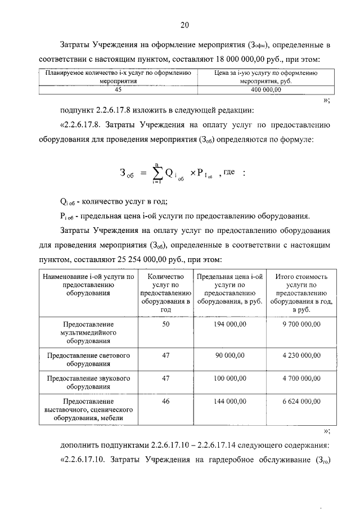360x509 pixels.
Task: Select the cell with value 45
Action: coord(118,89)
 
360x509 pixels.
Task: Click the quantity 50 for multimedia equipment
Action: coord(165,325)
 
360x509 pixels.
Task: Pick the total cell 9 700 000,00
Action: coord(301,325)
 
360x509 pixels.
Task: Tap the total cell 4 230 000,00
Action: coord(301,356)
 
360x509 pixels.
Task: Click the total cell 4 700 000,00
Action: coord(301,379)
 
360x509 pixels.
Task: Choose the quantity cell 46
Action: coord(165,402)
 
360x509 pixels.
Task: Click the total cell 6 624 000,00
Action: coord(301,402)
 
